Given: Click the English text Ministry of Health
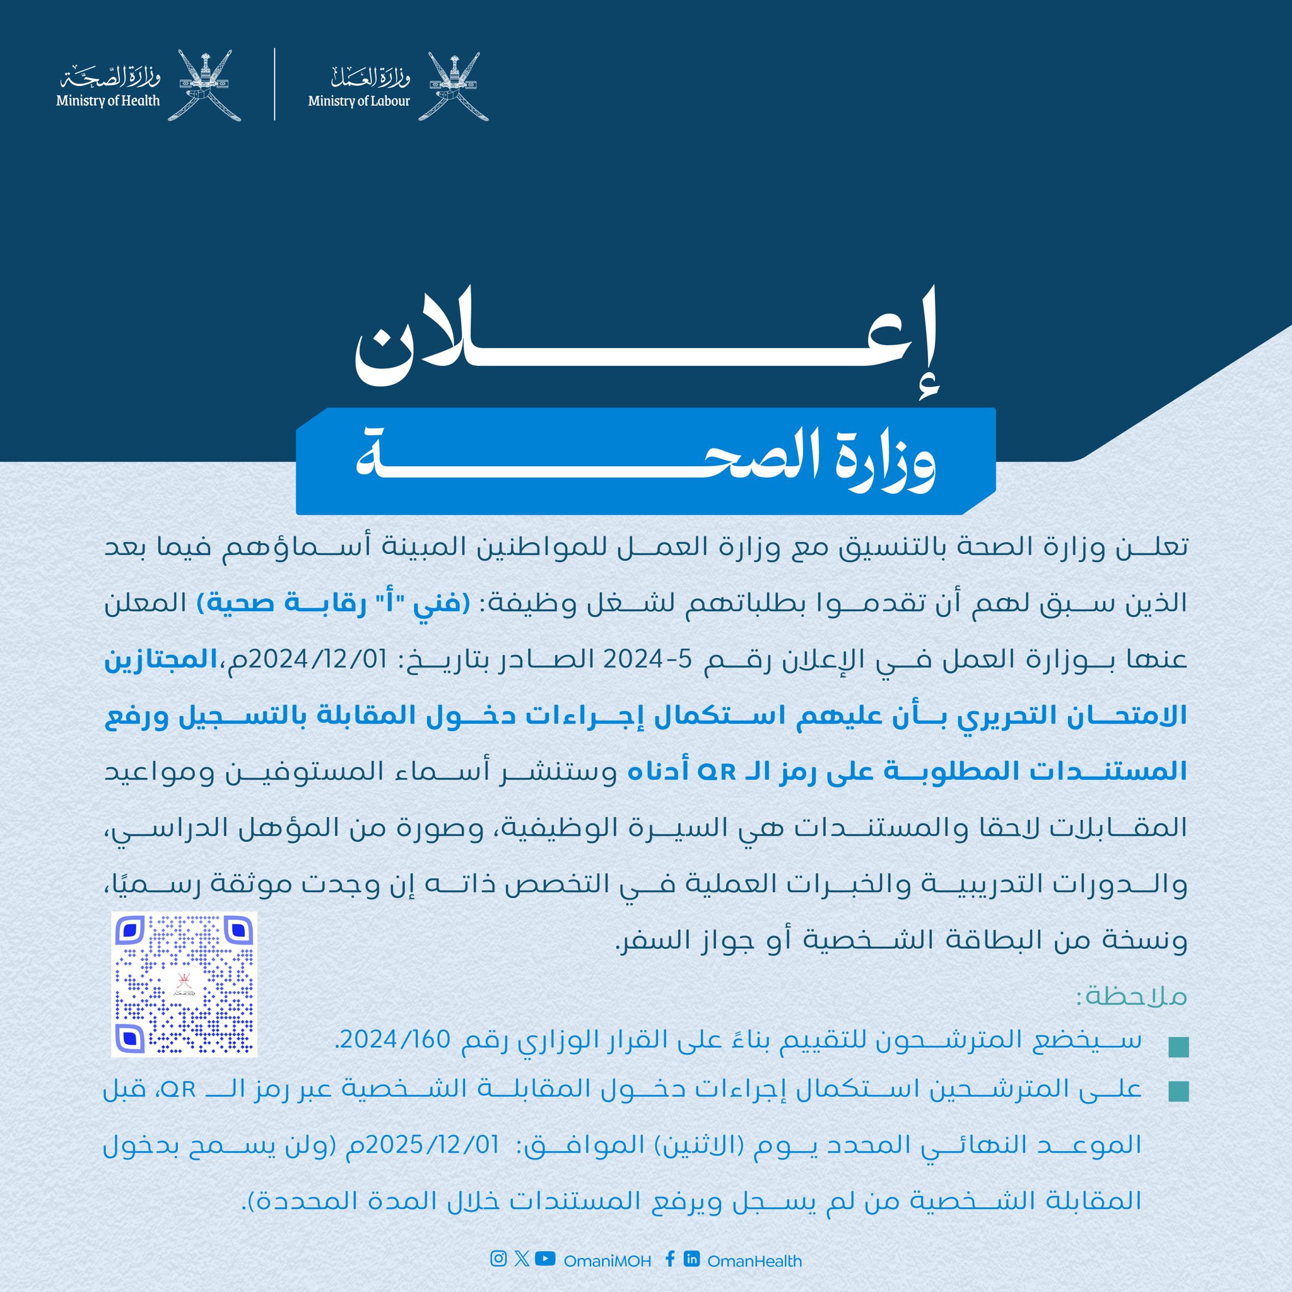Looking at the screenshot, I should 108,101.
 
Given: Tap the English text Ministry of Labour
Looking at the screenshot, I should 359,102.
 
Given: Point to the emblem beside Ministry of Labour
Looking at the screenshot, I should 457,86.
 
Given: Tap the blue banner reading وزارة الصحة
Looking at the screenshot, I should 645,462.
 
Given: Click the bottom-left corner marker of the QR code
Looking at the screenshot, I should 131,1037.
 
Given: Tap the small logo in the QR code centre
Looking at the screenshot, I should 182,984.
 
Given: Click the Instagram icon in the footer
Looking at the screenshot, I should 498,1259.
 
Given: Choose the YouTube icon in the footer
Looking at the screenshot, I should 545,1259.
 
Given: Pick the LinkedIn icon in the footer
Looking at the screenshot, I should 691,1259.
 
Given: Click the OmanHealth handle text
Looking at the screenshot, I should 755,1260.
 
